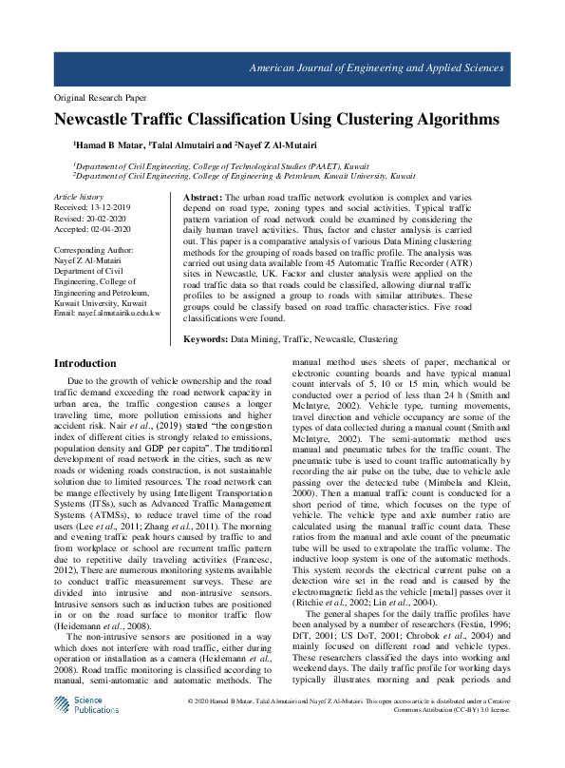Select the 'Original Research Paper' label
(101, 98)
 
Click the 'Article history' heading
(79, 196)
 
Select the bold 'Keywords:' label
(206, 337)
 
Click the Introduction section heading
(85, 363)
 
